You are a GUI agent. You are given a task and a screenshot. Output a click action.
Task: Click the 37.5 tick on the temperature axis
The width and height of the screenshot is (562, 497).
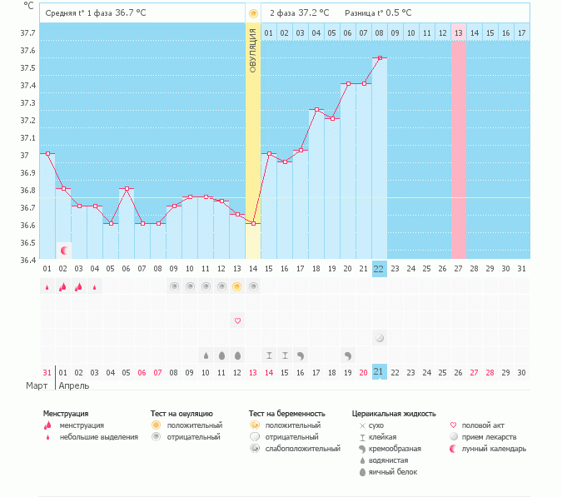pyautogui.click(x=27, y=67)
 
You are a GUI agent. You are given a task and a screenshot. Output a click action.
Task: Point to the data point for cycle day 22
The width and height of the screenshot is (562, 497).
pyautogui.click(x=380, y=57)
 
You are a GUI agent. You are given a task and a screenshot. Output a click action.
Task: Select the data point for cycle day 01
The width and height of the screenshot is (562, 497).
pyautogui.click(x=47, y=154)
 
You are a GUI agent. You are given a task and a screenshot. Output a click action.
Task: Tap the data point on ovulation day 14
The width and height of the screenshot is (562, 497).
pyautogui.click(x=253, y=224)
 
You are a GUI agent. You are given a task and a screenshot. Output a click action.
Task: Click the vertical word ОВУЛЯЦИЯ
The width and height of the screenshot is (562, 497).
pyautogui.click(x=252, y=51)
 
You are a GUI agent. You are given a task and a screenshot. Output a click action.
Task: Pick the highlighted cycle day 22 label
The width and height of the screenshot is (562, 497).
pyautogui.click(x=379, y=269)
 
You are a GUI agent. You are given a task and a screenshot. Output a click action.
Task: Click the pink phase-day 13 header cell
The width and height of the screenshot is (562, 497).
pyautogui.click(x=459, y=33)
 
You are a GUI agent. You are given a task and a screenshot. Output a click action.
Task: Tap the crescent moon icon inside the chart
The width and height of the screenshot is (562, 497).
pyautogui.click(x=64, y=251)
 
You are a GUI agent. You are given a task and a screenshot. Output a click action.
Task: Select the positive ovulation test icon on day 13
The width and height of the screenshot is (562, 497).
pyautogui.click(x=236, y=286)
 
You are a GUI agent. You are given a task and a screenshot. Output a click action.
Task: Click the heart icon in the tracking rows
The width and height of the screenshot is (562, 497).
pyautogui.click(x=237, y=321)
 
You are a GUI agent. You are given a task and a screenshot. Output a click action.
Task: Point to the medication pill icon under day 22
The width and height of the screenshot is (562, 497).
pyautogui.click(x=380, y=338)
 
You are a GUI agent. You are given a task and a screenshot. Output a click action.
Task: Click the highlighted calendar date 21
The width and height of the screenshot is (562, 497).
pyautogui.click(x=379, y=372)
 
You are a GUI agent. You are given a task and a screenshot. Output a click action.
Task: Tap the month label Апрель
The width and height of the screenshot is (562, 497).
pyautogui.click(x=74, y=386)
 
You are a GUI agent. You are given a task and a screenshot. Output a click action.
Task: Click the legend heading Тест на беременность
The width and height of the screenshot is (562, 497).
pyautogui.click(x=286, y=414)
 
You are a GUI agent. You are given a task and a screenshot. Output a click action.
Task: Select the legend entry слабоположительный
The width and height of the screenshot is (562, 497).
pyautogui.click(x=302, y=449)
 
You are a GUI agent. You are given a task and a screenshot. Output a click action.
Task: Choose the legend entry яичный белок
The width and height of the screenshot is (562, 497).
pyautogui.click(x=393, y=472)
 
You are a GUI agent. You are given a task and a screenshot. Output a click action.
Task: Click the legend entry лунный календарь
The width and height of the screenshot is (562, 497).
pyautogui.click(x=494, y=449)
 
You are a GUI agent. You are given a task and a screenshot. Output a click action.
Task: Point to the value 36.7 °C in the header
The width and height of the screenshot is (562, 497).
pyautogui.click(x=131, y=12)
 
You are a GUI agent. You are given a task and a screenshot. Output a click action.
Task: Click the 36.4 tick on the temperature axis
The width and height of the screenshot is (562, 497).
pyautogui.click(x=27, y=260)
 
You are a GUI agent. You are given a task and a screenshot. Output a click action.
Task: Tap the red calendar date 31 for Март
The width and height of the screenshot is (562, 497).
pyautogui.click(x=47, y=373)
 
